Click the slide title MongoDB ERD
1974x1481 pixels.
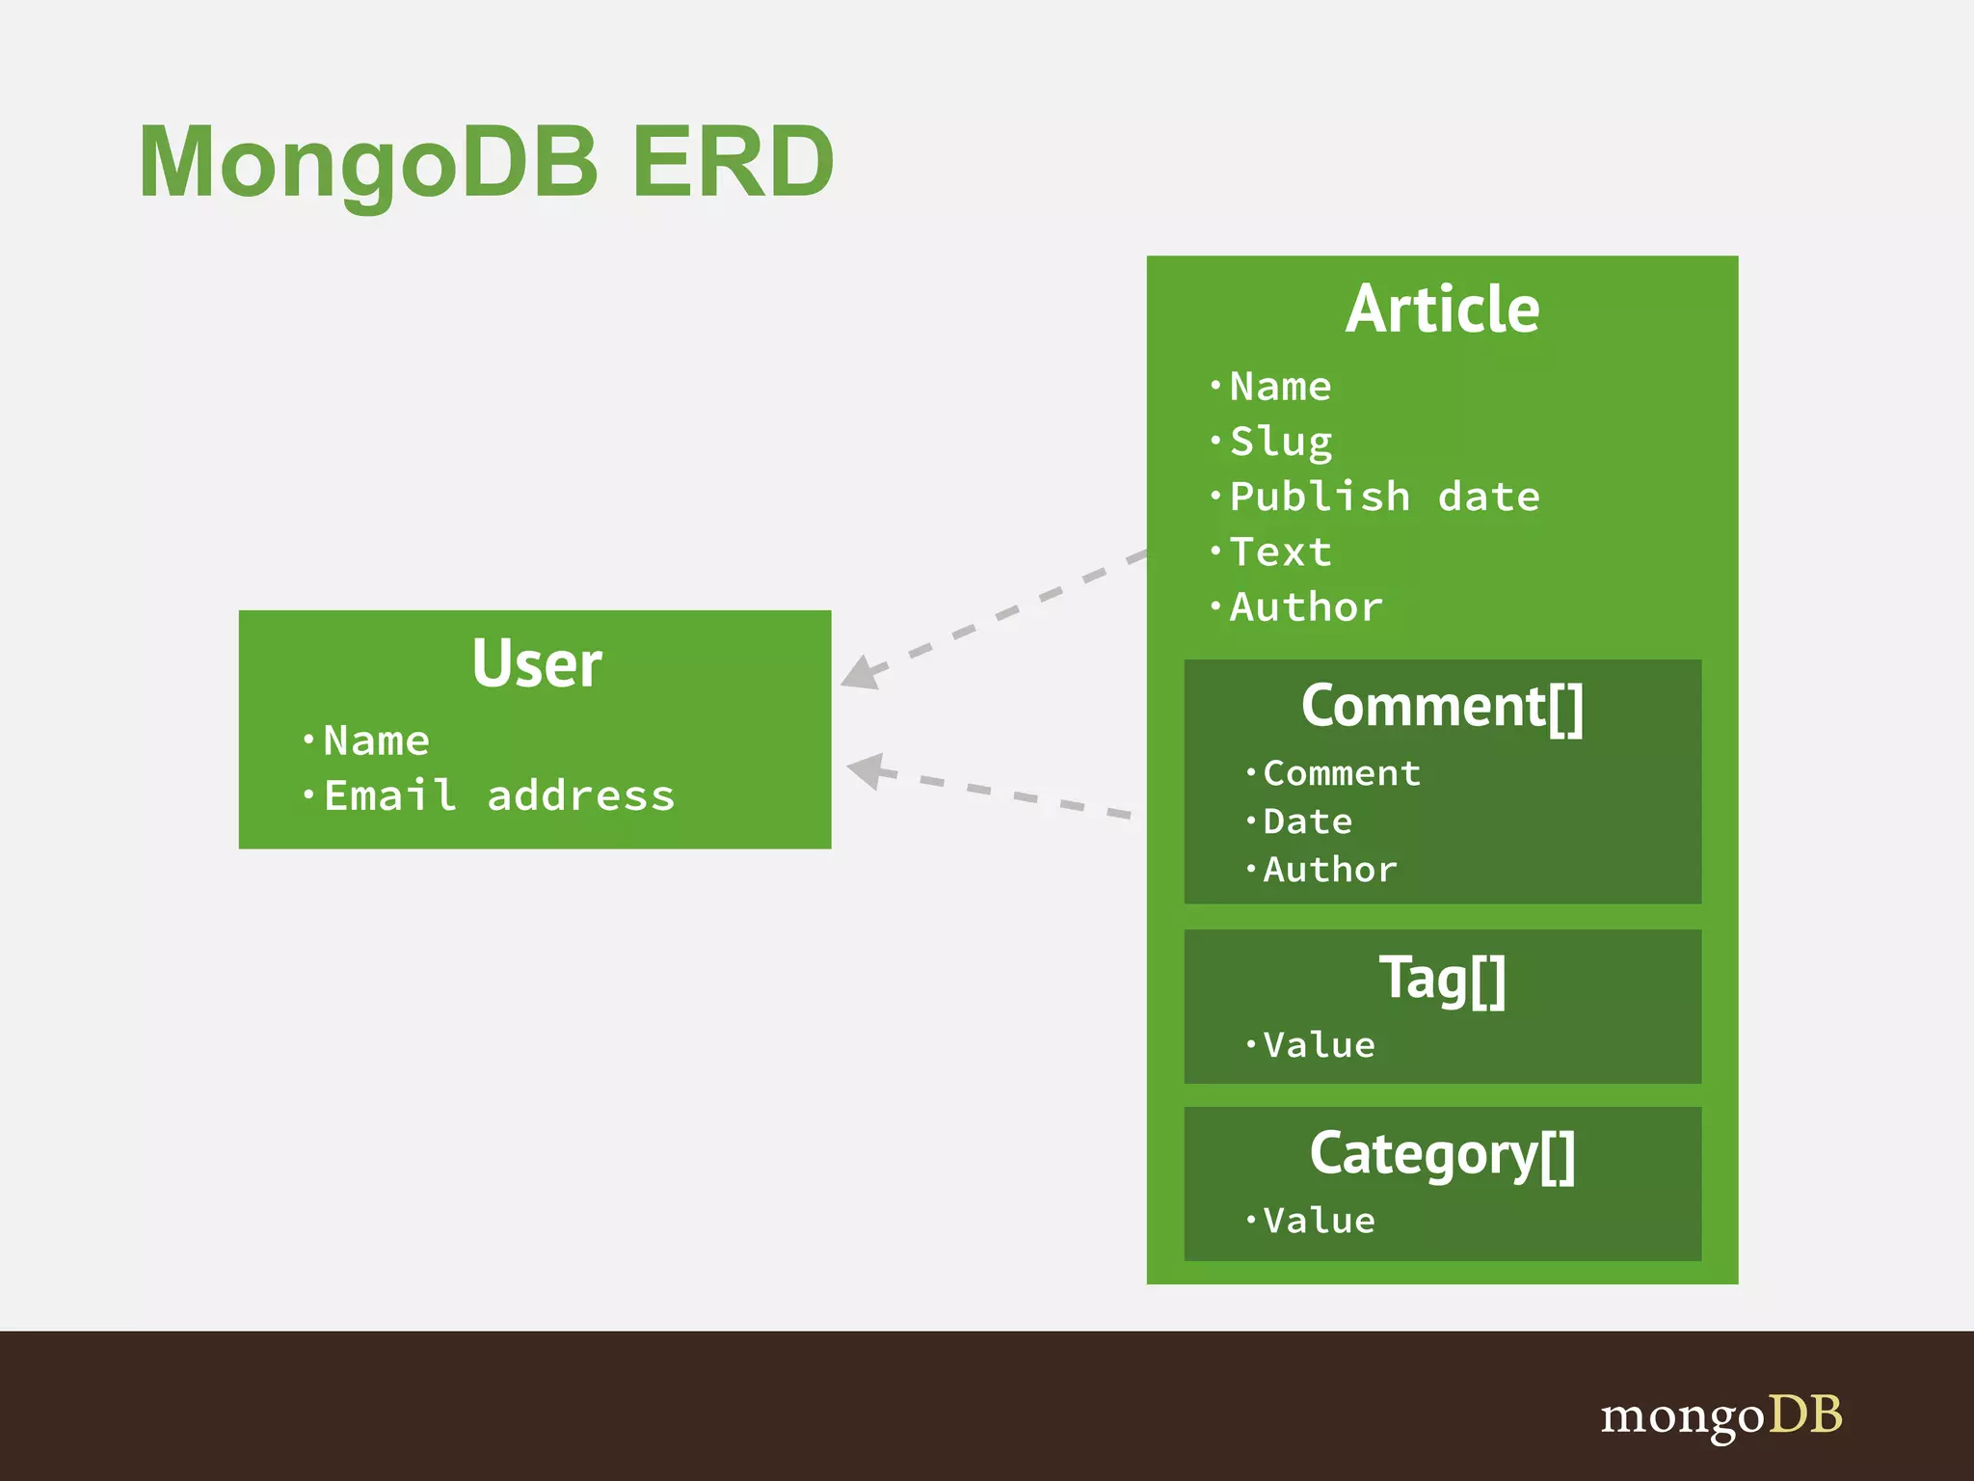pos(487,162)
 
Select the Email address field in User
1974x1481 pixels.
pos(498,796)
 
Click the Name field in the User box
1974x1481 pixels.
pos(376,740)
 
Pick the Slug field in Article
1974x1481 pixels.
pos(1281,442)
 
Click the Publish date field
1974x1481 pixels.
pos(1384,497)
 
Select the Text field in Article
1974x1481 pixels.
pos(1281,552)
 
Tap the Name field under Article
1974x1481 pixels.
pos(1281,387)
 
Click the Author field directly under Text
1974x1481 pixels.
pos(1306,607)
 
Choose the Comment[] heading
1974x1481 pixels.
pos(1442,706)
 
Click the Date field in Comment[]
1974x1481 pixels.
pos(1308,821)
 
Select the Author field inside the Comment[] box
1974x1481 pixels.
pos(1330,870)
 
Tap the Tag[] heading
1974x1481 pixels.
pos(1442,979)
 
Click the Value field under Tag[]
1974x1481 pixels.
pos(1319,1045)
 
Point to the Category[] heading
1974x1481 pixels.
pos(1442,1154)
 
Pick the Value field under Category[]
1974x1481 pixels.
pos(1319,1221)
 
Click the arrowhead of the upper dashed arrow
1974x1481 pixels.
pos(861,673)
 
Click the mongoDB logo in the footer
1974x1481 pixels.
pos(1721,1416)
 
